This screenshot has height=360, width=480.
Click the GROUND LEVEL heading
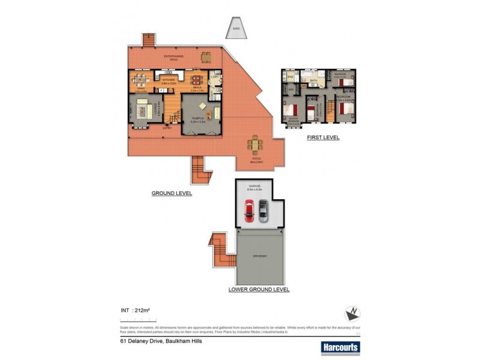point(171,193)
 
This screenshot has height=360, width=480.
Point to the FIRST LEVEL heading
point(323,137)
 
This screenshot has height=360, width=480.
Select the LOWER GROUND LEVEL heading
point(259,289)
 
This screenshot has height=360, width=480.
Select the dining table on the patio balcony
point(257,145)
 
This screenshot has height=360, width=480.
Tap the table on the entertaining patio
point(206,58)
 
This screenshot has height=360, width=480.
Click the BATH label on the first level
point(313,79)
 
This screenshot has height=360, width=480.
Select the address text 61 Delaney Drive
point(160,340)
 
